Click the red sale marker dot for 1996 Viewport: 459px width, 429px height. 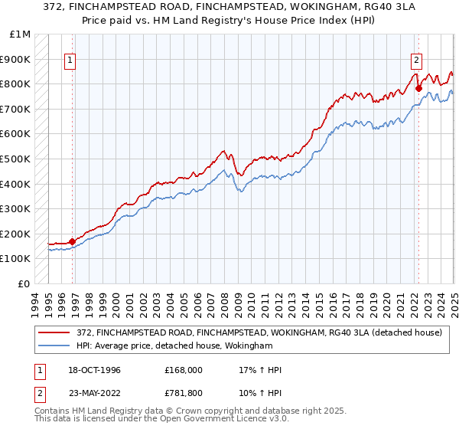[x=73, y=241]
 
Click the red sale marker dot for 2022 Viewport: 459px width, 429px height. [x=418, y=88]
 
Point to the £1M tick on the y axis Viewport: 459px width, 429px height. [x=20, y=34]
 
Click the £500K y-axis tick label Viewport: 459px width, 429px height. [x=15, y=159]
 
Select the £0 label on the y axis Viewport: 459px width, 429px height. [x=23, y=283]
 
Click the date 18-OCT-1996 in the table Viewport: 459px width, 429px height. [x=92, y=370]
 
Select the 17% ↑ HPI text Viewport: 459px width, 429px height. [x=261, y=370]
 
